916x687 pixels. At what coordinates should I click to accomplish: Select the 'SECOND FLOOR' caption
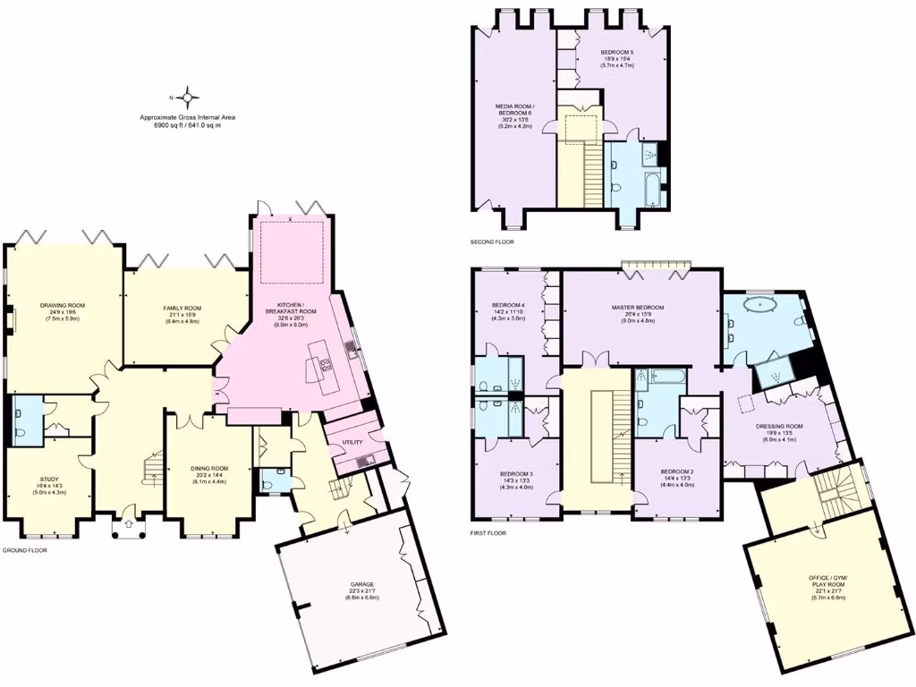pyautogui.click(x=492, y=242)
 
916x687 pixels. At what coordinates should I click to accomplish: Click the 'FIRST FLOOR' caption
pyautogui.click(x=488, y=533)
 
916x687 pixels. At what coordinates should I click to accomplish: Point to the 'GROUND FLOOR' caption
pyautogui.click(x=24, y=550)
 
